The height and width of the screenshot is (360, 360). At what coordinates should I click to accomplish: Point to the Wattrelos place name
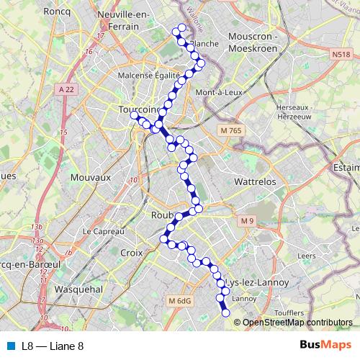click(x=256, y=182)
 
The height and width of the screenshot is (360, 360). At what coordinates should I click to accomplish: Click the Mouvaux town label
click(x=91, y=176)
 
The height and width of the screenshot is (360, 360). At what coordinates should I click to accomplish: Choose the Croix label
click(x=132, y=253)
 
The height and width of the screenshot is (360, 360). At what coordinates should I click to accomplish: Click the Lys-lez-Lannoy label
click(x=257, y=283)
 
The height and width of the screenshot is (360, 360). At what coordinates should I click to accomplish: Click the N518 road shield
click(x=341, y=54)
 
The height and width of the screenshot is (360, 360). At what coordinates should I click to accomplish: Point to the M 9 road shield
click(x=248, y=220)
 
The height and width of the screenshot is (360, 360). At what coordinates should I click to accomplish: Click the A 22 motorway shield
click(x=67, y=89)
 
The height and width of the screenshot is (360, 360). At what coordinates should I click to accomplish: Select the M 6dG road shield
click(x=177, y=300)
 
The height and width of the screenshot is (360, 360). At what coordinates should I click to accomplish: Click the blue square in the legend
click(x=10, y=346)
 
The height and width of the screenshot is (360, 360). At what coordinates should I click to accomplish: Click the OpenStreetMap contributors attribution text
click(x=297, y=323)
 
